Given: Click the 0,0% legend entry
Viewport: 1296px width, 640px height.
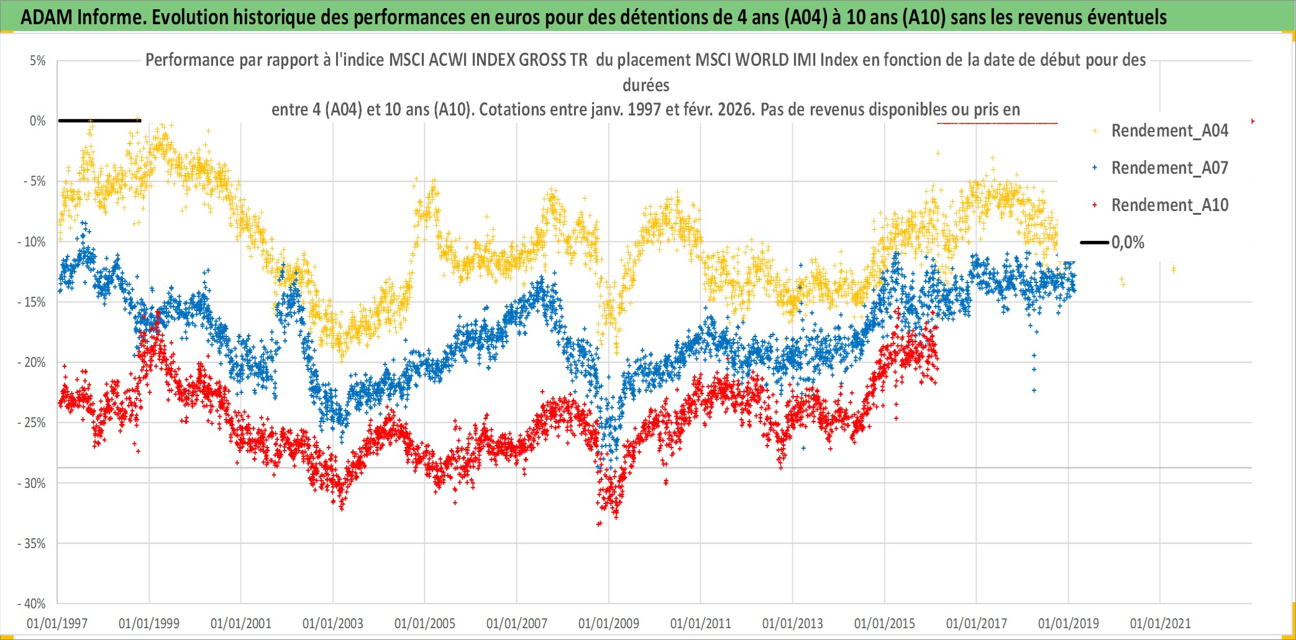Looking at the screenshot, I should coord(1127,243).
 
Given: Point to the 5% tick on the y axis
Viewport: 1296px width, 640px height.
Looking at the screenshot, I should coord(37,61).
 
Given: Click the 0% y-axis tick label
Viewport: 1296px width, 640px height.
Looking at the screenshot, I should coord(37,121).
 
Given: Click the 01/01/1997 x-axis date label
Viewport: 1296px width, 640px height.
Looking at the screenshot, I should coord(57,623).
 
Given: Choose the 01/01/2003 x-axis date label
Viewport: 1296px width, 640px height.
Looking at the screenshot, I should coord(333,623).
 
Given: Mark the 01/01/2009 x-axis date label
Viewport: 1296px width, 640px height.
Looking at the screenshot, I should coord(609,623).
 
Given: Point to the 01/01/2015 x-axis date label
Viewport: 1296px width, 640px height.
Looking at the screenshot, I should coord(885,623).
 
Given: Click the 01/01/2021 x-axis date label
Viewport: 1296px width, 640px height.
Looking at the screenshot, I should coord(1161,623).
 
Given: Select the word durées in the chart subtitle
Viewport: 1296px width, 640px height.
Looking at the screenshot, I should coord(646,85).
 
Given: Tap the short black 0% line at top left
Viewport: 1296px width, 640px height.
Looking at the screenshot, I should coord(99,120).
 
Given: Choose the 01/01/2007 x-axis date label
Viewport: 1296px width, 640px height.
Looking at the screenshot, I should coord(517,623).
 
